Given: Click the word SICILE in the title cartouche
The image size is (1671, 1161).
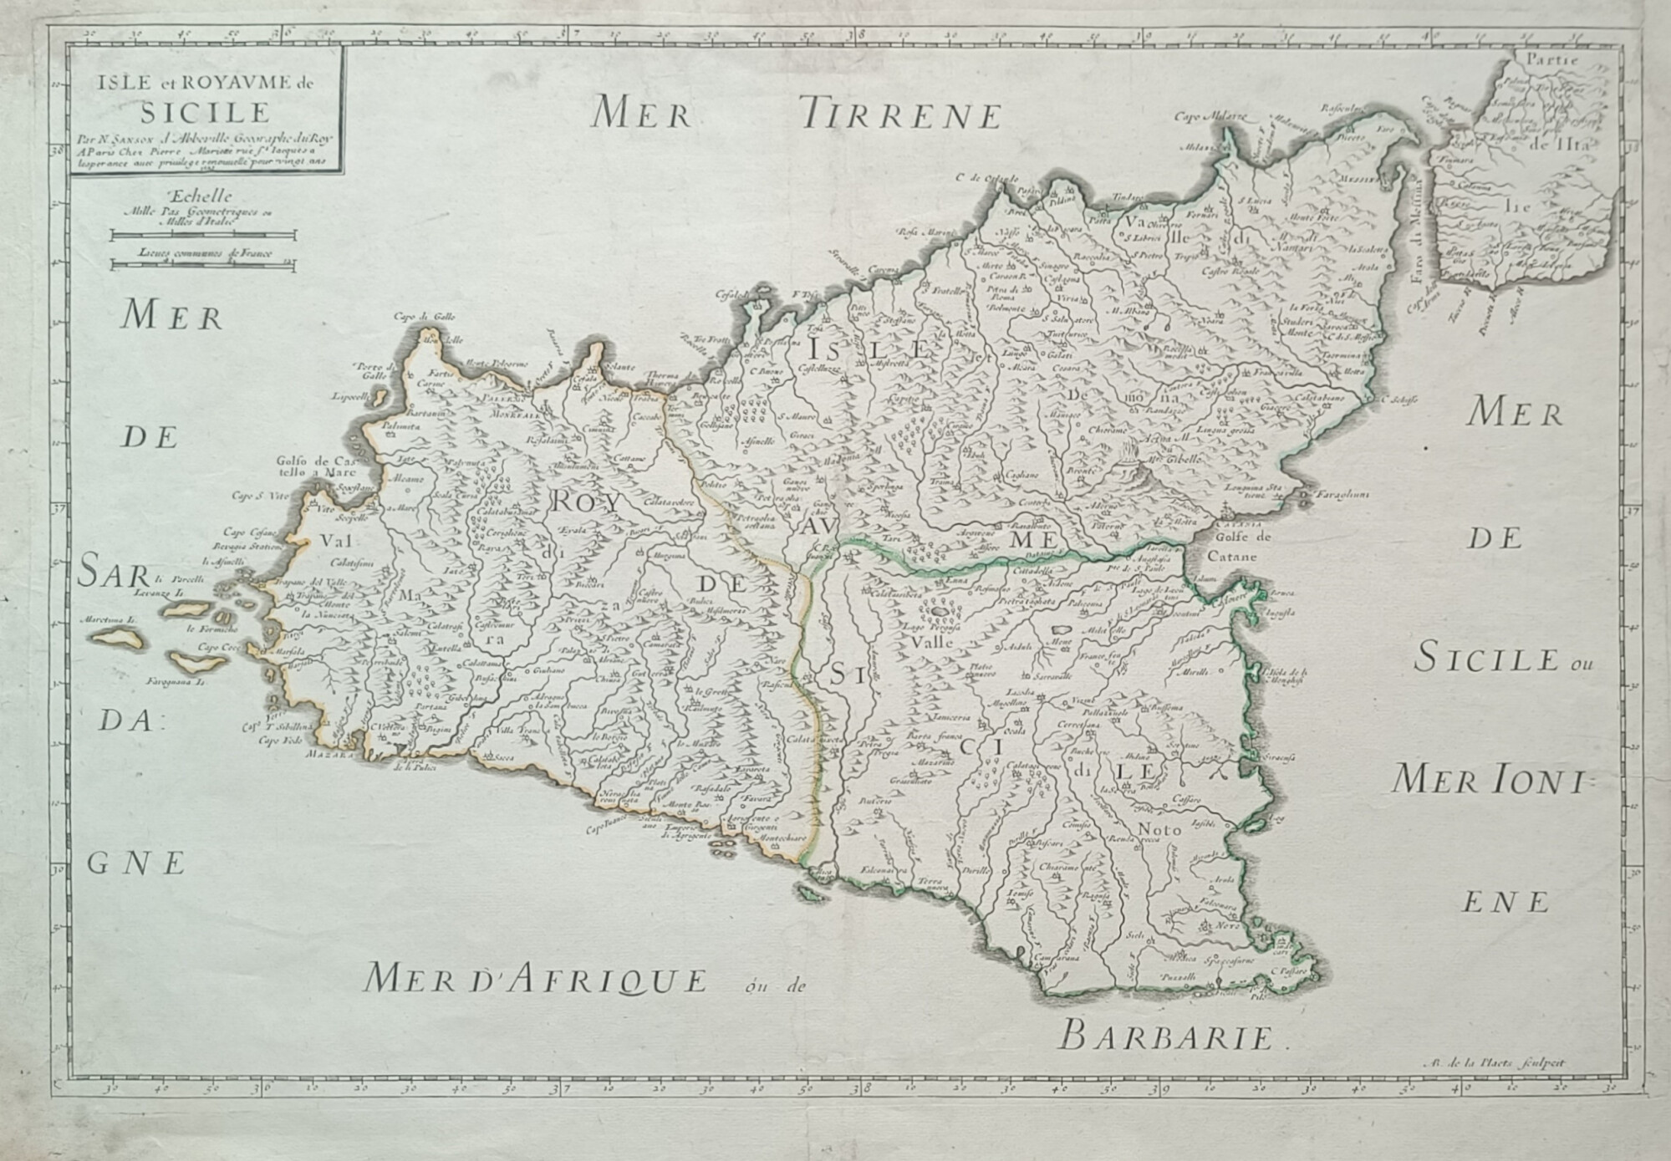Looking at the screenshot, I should coord(205,111).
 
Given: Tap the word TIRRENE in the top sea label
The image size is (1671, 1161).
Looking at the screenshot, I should coord(899,114).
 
